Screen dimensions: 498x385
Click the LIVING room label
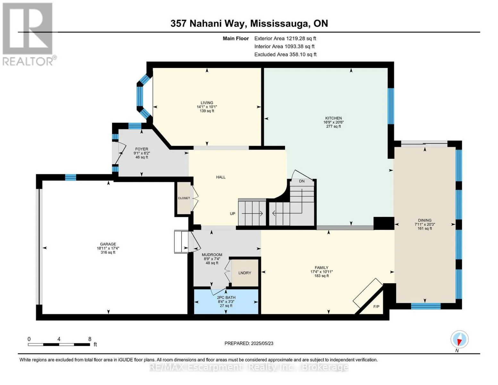click(x=207, y=103)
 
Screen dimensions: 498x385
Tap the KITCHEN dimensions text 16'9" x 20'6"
click(x=333, y=122)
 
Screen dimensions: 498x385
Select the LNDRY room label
click(x=245, y=273)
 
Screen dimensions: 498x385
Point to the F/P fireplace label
click(x=376, y=307)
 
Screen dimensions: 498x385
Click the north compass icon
click(x=460, y=339)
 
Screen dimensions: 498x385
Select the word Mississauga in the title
click(x=279, y=23)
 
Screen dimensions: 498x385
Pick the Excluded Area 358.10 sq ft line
click(x=285, y=55)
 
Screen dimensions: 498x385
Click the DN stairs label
click(x=302, y=181)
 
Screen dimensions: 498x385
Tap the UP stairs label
click(x=232, y=214)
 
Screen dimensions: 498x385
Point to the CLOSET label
click(x=184, y=198)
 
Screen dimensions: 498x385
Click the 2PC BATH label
click(x=226, y=298)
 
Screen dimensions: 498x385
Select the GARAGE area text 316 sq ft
click(x=108, y=252)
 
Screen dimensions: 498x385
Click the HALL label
click(x=221, y=177)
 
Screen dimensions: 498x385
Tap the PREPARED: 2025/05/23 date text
click(x=249, y=343)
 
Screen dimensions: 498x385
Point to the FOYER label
click(x=142, y=149)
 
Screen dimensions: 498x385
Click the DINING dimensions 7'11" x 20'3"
click(x=425, y=225)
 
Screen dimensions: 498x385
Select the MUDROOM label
click(x=212, y=255)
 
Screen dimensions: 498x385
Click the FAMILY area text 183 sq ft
click(x=322, y=276)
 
